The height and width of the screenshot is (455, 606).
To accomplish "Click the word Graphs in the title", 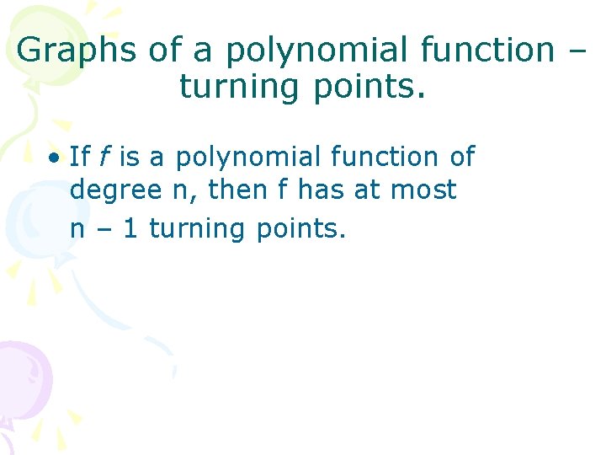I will coord(77,51).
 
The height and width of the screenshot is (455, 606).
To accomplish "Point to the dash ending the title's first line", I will coord(575,51).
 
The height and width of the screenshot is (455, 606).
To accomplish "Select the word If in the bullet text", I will coord(79,156).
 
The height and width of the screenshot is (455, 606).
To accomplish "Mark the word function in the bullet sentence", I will coord(369,156).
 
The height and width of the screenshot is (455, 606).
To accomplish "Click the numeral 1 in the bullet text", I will coord(130,227).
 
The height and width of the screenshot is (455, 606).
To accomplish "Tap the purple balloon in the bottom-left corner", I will coord(20,379).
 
